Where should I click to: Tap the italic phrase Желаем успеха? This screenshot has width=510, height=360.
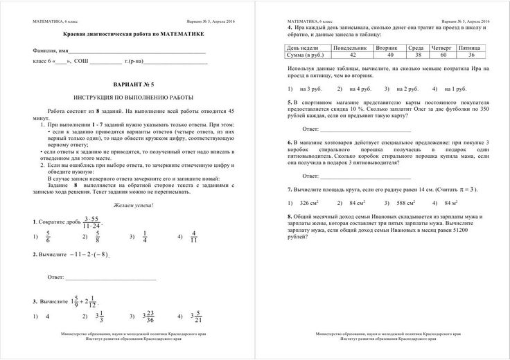pos(130,206)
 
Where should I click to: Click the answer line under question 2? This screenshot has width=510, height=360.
pos(111,278)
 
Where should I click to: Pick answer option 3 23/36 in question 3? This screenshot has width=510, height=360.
pos(150,316)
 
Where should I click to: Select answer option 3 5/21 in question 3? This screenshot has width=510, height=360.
pos(196,316)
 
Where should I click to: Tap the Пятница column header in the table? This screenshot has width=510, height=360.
pos(471,47)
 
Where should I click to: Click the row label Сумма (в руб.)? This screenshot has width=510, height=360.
pos(308,54)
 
